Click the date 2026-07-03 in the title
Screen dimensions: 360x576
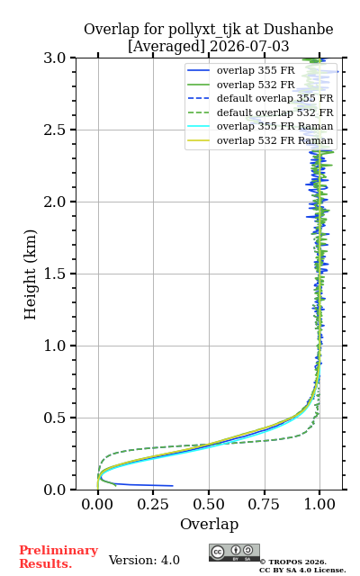click(x=249, y=47)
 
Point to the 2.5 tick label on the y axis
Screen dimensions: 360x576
click(x=55, y=130)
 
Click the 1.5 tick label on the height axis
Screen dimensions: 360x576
click(x=55, y=274)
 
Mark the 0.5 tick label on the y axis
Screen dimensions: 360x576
click(x=55, y=418)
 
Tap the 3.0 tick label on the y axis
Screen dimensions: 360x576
click(x=55, y=58)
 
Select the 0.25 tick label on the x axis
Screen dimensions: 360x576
click(x=153, y=504)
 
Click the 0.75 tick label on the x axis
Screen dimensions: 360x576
click(x=264, y=504)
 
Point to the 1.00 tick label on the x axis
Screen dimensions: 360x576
click(x=319, y=504)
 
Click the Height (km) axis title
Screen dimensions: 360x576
click(x=30, y=274)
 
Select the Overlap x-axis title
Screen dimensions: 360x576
click(x=210, y=524)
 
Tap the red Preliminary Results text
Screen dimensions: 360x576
click(x=58, y=557)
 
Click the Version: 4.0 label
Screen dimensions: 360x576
click(x=144, y=560)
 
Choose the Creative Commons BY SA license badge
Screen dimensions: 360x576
click(x=234, y=553)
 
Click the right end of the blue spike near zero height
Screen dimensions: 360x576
click(x=172, y=486)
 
